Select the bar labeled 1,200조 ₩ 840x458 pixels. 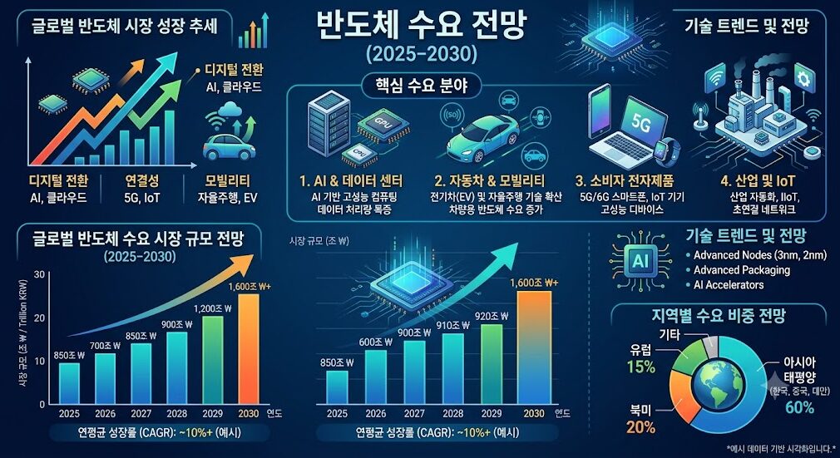point(212,360)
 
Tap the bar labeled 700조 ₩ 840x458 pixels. point(105,379)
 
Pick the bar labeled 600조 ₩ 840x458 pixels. point(376,377)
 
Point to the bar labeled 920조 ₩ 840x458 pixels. point(492,364)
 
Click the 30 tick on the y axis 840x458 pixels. point(39,274)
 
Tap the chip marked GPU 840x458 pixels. point(383,123)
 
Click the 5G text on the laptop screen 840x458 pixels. point(640,123)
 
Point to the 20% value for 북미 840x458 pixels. point(640,427)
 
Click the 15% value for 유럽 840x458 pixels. point(640,367)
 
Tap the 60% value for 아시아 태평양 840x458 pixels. point(799,407)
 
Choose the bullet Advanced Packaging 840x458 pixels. point(741,270)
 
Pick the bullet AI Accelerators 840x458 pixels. point(729,285)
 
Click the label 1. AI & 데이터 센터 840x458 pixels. point(352,180)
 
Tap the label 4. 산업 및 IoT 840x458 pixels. point(758,180)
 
